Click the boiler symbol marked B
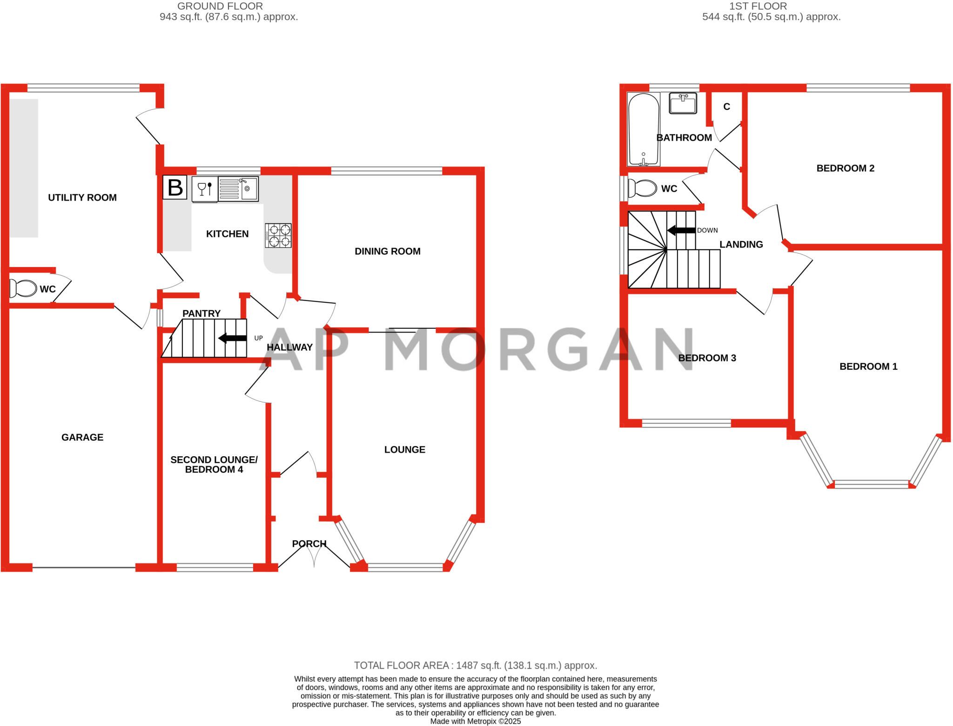175,187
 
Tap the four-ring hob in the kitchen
278,235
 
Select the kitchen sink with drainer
238,189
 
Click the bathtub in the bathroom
644,129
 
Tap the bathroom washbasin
683,103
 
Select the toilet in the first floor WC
641,188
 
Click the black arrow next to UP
233,338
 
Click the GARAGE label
82,437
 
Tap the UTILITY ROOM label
82,198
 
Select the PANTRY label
201,313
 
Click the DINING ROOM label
388,252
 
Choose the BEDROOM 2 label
846,168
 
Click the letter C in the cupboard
727,107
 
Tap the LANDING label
741,245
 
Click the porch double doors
315,555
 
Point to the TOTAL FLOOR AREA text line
475,666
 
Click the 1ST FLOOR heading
758,6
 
